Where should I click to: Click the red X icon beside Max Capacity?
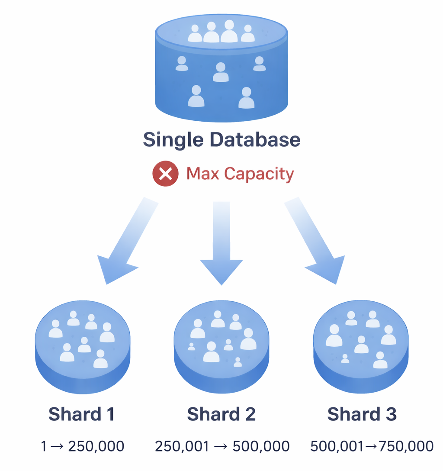[165, 174]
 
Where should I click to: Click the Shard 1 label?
[81, 414]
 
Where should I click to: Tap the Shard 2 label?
[221, 414]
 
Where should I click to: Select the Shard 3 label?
[362, 414]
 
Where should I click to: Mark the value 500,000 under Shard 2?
[261, 446]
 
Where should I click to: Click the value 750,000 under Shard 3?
[406, 446]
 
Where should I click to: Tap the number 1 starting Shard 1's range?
[43, 446]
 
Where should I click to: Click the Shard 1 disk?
[82, 346]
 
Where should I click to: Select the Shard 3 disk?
[361, 346]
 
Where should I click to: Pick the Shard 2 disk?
[221, 346]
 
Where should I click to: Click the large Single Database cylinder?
[221, 69]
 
